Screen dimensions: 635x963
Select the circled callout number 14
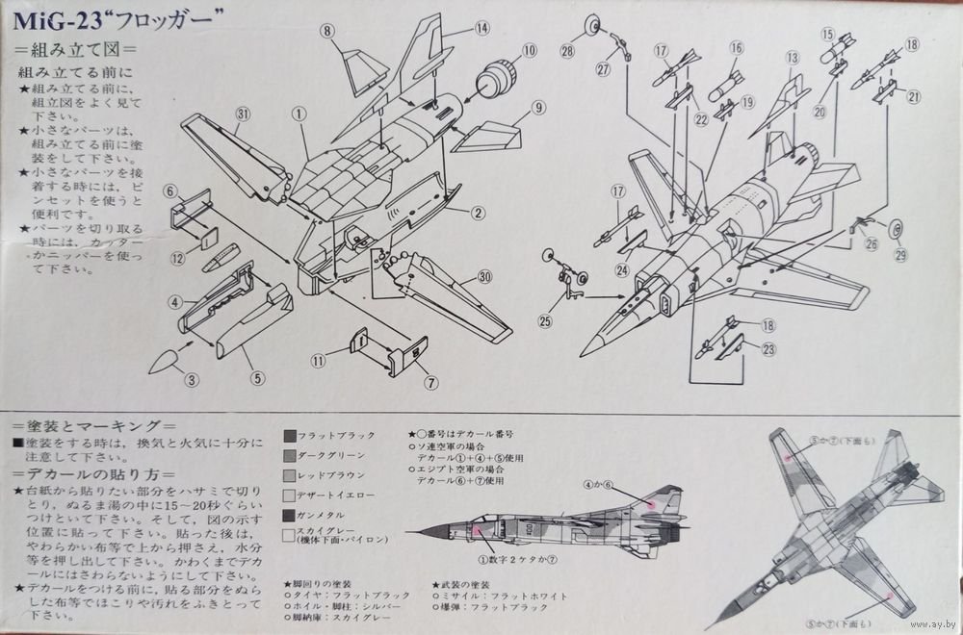[x=481, y=29]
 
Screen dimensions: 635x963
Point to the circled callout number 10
[x=529, y=50]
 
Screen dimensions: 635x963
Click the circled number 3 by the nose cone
[x=193, y=380]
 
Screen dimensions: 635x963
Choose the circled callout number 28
[x=567, y=50]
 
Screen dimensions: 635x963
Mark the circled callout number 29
[x=901, y=254]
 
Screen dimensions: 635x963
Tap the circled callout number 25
[x=545, y=320]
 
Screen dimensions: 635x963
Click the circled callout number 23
[x=768, y=349]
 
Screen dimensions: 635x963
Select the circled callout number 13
[x=793, y=58]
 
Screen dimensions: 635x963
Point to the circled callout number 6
[x=169, y=191]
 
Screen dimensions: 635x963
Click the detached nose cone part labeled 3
[x=165, y=361]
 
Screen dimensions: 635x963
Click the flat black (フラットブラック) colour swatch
[x=291, y=435]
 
